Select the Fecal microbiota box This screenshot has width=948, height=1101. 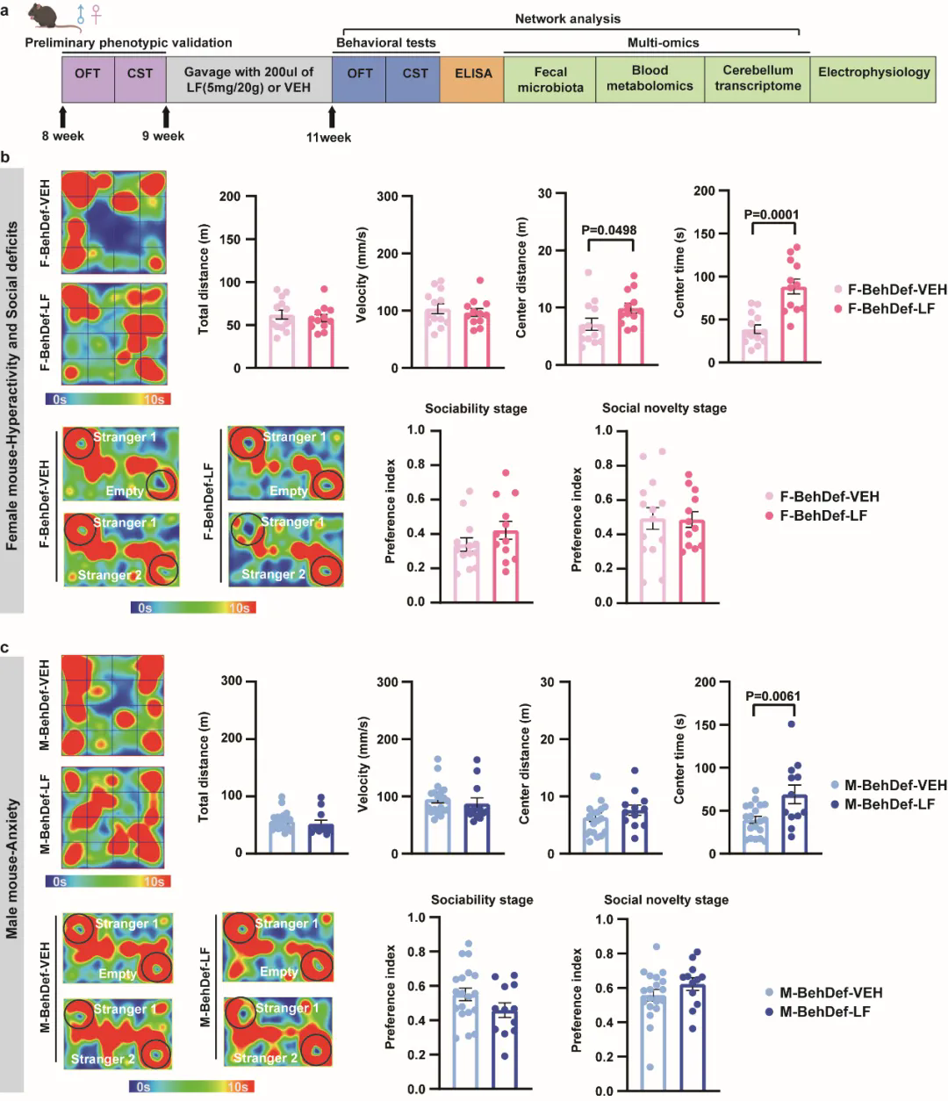[x=550, y=79]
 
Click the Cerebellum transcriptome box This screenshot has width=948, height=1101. [x=757, y=79]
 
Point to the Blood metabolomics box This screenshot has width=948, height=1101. [x=650, y=79]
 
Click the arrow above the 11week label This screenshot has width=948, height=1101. [x=332, y=117]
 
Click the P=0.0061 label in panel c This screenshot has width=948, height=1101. [x=772, y=696]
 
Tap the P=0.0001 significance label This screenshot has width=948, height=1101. [x=771, y=214]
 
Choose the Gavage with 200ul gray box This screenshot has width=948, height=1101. [x=248, y=79]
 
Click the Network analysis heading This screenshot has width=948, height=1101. [x=567, y=18]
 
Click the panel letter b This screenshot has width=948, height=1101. [x=6, y=158]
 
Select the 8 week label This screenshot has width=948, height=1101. [x=62, y=136]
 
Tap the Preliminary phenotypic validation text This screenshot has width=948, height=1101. [x=128, y=42]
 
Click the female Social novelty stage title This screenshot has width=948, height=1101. [x=664, y=408]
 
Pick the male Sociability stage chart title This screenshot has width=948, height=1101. [x=481, y=900]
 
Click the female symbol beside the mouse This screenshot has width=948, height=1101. [x=96, y=14]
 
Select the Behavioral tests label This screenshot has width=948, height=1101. [x=385, y=42]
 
